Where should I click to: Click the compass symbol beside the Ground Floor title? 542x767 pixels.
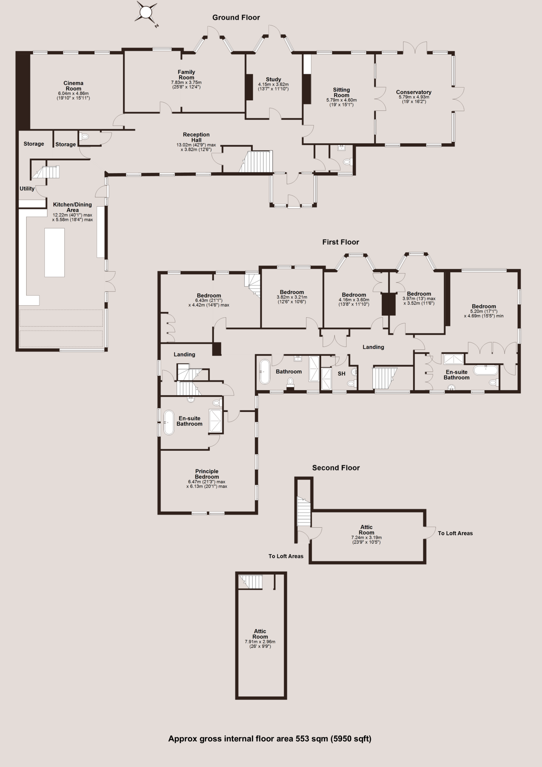coord(146,13)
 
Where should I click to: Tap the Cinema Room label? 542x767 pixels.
coord(73,86)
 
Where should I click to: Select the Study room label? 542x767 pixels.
coord(273,79)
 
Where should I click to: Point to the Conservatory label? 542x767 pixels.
coord(414,92)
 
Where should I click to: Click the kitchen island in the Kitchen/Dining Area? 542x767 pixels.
coord(54,252)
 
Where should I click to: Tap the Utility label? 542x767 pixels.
coord(27,188)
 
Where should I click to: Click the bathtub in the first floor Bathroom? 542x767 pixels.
coord(264,372)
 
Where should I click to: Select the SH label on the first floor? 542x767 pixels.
coord(341,374)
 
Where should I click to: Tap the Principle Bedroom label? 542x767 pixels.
coord(207,474)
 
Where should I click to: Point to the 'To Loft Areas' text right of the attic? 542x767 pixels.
coord(455,533)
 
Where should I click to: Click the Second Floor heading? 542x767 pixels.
coord(336,468)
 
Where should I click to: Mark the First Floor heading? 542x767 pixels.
coord(341,242)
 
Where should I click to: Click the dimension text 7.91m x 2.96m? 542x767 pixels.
coord(260,641)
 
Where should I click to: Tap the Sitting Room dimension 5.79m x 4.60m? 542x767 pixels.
coord(341,100)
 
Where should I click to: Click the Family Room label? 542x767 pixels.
coord(186,75)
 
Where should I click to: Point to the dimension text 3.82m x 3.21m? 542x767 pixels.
coord(292,297)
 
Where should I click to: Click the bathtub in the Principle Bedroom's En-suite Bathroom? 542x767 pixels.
coord(169,422)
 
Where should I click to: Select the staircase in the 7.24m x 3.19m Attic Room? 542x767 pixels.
coord(304,511)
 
